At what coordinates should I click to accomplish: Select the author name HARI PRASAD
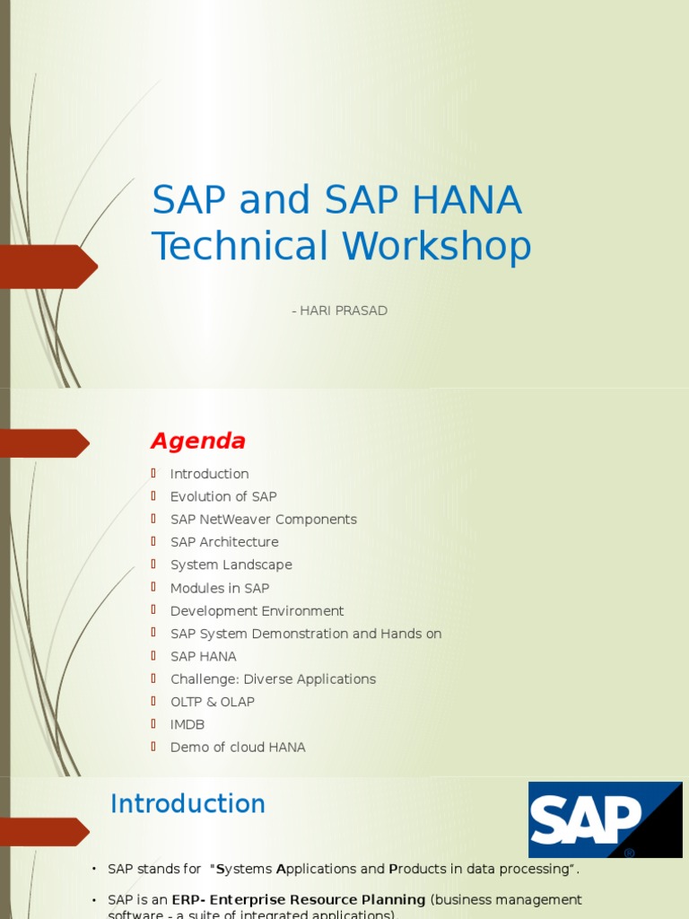pyautogui.click(x=344, y=311)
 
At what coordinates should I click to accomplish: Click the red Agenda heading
pyautogui.click(x=197, y=442)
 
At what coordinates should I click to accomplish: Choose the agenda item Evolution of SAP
pyautogui.click(x=223, y=496)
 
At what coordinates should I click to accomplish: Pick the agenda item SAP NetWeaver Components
pyautogui.click(x=263, y=520)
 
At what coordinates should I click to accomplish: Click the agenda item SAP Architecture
pyautogui.click(x=224, y=542)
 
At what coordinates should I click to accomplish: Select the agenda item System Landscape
pyautogui.click(x=231, y=565)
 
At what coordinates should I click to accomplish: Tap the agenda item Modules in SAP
pyautogui.click(x=220, y=588)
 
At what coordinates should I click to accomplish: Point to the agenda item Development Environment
pyautogui.click(x=257, y=611)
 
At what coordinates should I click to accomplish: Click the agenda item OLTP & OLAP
pyautogui.click(x=212, y=702)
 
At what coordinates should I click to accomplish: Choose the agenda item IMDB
pyautogui.click(x=188, y=724)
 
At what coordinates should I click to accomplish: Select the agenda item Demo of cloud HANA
pyautogui.click(x=238, y=748)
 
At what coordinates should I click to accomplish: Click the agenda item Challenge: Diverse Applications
pyautogui.click(x=273, y=679)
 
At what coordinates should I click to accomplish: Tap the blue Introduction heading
pyautogui.click(x=188, y=803)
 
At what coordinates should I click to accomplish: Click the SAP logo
pyautogui.click(x=605, y=819)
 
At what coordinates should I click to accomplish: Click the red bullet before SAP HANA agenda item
pyautogui.click(x=153, y=656)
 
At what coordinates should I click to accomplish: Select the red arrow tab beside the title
pyautogui.click(x=48, y=267)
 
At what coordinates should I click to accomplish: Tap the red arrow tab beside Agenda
pyautogui.click(x=45, y=443)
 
